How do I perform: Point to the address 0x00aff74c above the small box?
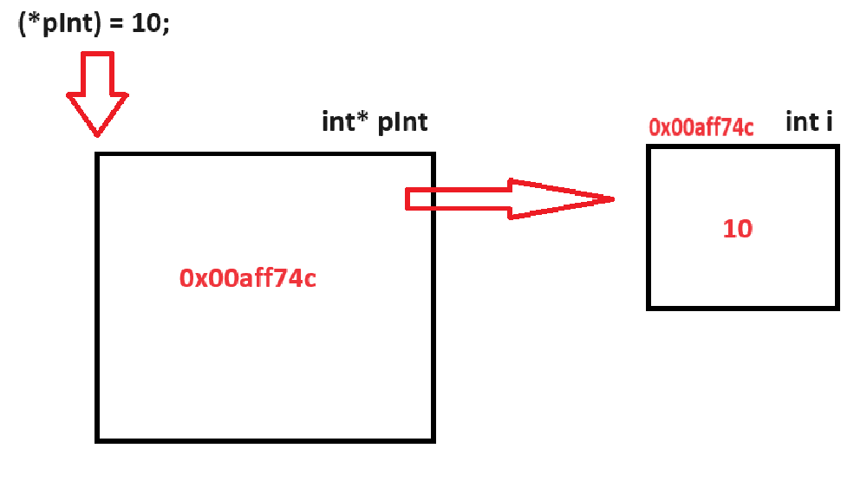[701, 127]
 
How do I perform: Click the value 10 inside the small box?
[738, 230]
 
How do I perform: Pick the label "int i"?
[810, 122]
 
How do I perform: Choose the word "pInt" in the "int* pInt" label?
[402, 122]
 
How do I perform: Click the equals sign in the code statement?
[118, 24]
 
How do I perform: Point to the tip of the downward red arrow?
[97, 135]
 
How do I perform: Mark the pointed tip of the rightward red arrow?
[613, 199]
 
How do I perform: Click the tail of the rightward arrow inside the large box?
[409, 199]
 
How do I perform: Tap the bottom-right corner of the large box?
[433, 440]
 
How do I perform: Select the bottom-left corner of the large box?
[96, 440]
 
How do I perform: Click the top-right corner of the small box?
[838, 147]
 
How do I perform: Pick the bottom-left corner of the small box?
[649, 308]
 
